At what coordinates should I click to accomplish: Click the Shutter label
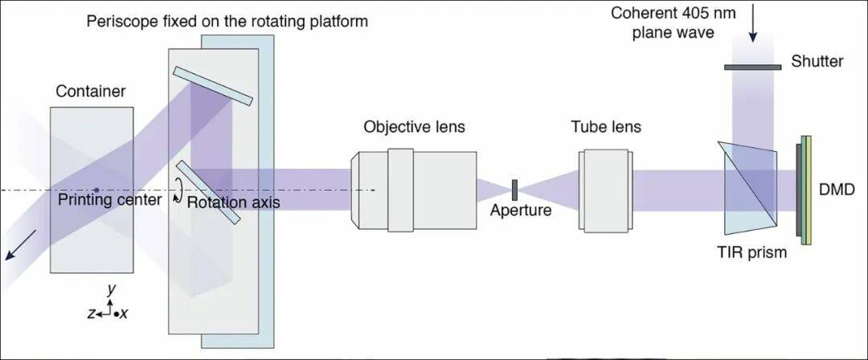pyautogui.click(x=817, y=62)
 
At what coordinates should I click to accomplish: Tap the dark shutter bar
pyautogui.click(x=753, y=67)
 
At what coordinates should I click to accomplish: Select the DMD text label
pyautogui.click(x=836, y=190)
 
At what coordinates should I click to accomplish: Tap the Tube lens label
pyautogui.click(x=606, y=127)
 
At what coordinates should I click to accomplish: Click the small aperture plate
pyautogui.click(x=514, y=189)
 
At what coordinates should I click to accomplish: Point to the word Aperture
pyautogui.click(x=522, y=211)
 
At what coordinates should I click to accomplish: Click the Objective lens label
pyautogui.click(x=414, y=127)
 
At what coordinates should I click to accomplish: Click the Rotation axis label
pyautogui.click(x=233, y=202)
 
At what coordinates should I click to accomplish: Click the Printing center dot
pyautogui.click(x=96, y=190)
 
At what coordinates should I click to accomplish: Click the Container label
pyautogui.click(x=90, y=92)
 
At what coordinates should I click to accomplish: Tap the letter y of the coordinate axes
pyautogui.click(x=112, y=288)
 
